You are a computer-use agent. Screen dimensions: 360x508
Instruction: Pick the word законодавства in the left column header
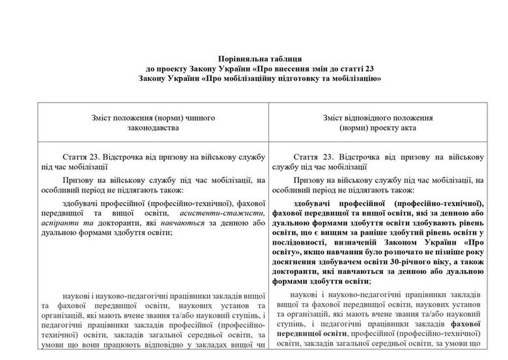point(154,128)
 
